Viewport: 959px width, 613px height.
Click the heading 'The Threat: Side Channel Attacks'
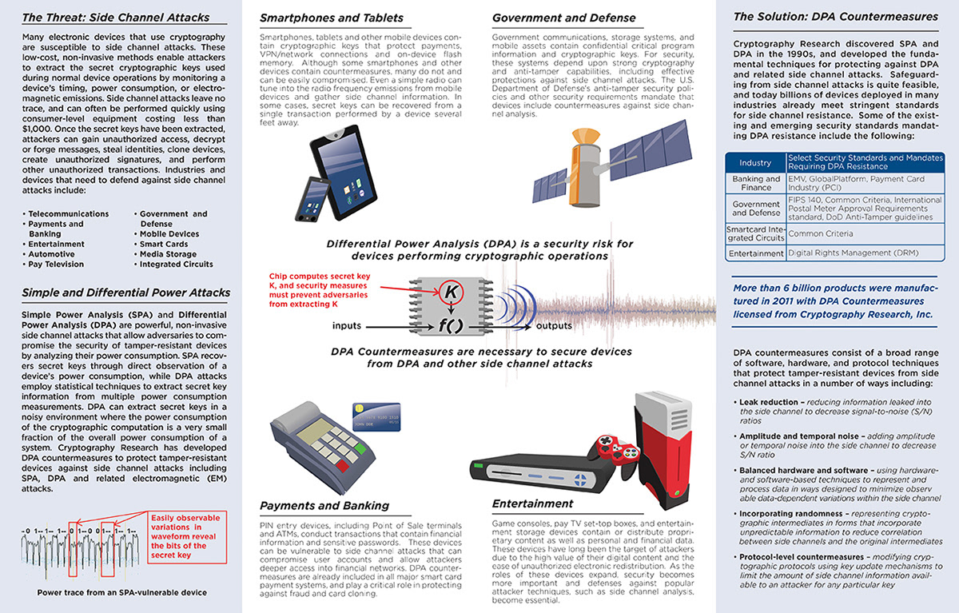pos(116,17)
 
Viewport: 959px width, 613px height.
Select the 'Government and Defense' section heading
pos(563,18)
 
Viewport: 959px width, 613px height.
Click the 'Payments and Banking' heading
pos(324,505)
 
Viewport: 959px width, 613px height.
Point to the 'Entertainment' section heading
pos(532,504)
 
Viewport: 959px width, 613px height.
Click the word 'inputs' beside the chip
pos(348,326)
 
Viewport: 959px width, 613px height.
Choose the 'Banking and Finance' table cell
pos(755,183)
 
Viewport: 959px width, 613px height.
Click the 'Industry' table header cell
pos(755,162)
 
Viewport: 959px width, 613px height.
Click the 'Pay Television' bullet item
pos(56,264)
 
